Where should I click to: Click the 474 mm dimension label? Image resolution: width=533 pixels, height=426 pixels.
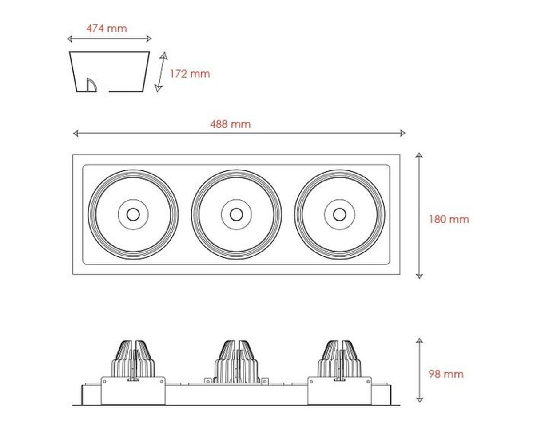point(107,28)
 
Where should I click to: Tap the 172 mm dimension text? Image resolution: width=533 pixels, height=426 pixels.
point(190,74)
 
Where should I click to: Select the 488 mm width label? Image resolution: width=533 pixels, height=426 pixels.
point(231,124)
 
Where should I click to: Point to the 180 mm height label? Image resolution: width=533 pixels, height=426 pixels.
point(449,219)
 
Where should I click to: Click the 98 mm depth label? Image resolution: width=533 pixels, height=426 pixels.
point(446,374)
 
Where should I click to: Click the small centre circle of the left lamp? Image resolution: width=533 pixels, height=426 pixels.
point(133,214)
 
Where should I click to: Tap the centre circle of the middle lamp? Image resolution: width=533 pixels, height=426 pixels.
point(236,214)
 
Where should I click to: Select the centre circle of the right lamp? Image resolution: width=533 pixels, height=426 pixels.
point(339,214)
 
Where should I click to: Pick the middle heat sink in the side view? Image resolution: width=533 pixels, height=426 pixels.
point(236,362)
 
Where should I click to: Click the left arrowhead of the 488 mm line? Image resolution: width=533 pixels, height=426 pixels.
point(76,134)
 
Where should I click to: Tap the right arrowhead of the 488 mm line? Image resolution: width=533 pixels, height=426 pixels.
point(402,134)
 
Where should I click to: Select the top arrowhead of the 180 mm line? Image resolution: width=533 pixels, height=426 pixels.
point(419,155)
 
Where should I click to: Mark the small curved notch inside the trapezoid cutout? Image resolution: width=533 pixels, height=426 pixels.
point(91,85)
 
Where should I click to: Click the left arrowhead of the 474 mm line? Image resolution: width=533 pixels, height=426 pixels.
point(70,39)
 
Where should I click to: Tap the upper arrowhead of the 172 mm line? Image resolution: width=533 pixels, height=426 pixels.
point(163,55)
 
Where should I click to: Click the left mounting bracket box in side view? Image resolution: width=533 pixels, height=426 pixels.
point(133,390)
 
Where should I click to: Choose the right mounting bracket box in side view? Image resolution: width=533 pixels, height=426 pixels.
point(339,390)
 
